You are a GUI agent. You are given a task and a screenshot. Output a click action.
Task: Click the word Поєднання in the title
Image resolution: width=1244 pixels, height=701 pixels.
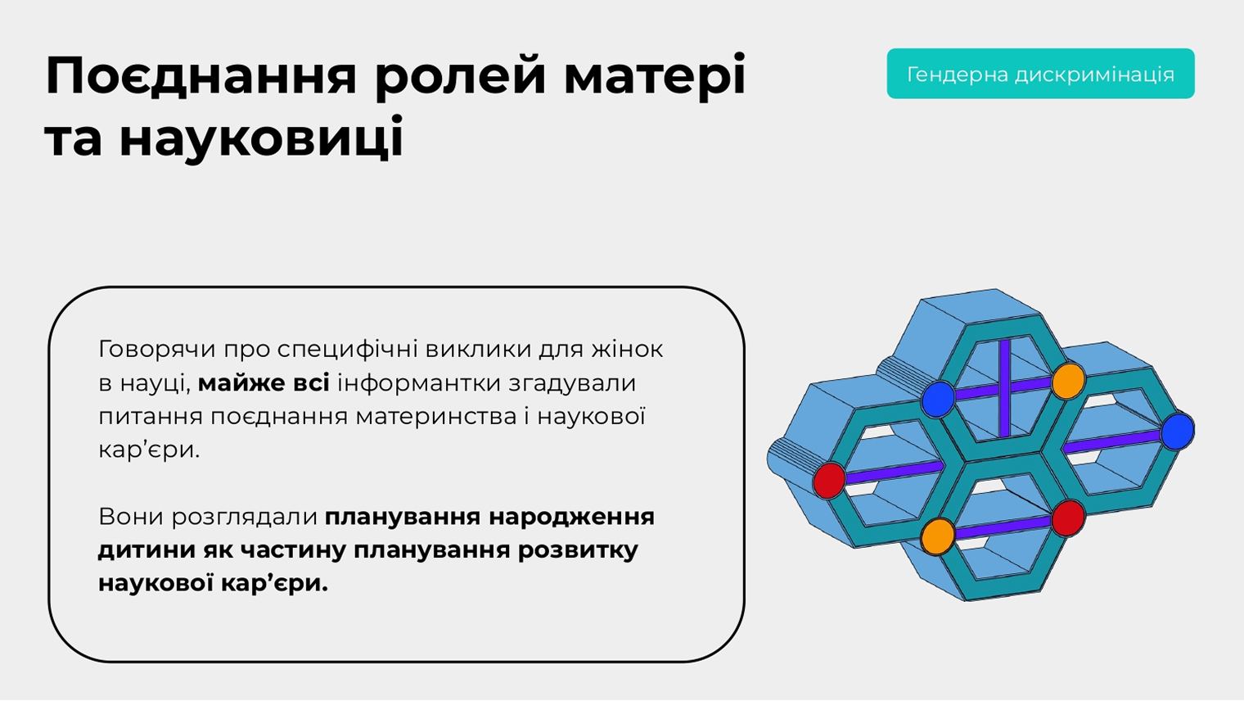[x=201, y=76]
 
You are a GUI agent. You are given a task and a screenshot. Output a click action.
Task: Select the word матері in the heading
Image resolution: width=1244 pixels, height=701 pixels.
[x=654, y=76]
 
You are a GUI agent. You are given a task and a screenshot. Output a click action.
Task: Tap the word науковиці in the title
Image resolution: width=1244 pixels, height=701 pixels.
[x=260, y=138]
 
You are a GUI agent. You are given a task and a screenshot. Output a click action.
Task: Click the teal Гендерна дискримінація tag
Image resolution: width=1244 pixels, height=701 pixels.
[x=1040, y=74]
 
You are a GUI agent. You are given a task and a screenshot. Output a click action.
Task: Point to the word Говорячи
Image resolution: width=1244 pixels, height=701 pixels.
[x=156, y=350]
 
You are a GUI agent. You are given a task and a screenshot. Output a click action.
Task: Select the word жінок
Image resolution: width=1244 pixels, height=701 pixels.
[x=627, y=349]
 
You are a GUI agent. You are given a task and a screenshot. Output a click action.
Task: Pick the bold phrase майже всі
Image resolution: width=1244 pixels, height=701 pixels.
[x=264, y=383]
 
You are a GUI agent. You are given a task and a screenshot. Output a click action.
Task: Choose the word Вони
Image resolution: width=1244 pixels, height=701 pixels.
[x=130, y=517]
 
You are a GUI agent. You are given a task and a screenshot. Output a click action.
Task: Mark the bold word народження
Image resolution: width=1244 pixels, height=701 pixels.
[x=571, y=518]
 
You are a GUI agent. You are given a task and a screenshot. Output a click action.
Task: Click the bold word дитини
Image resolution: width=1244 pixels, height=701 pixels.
[x=146, y=550]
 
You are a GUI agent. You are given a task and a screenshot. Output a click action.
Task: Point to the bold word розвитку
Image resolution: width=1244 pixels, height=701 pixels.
[x=578, y=551]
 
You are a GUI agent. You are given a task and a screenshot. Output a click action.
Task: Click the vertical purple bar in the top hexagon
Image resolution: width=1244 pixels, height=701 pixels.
[x=1004, y=387]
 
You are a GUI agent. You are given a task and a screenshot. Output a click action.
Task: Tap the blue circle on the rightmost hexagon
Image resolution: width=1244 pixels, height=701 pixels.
[x=1178, y=432]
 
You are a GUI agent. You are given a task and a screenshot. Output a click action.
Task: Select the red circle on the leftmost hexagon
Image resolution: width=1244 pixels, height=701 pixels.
[x=830, y=481]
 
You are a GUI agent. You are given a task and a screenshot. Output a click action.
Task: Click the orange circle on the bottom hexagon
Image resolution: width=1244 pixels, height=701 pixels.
[x=937, y=536]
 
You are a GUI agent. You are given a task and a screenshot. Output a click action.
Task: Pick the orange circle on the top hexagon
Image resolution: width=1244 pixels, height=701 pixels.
[x=1068, y=381]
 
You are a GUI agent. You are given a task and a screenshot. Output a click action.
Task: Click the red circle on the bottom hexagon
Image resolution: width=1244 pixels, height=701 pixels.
[x=1068, y=518]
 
